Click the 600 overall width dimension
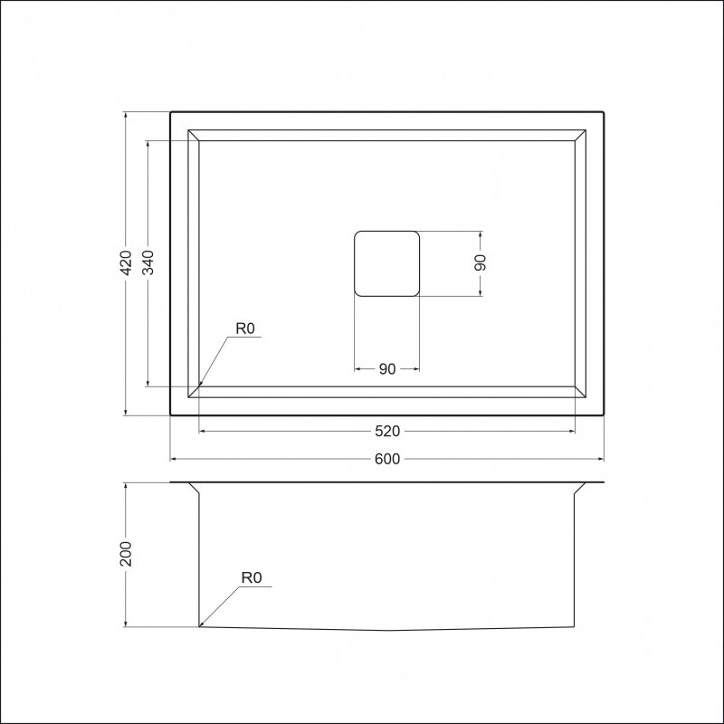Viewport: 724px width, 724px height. [387, 459]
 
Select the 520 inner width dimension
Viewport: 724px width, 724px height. [387, 432]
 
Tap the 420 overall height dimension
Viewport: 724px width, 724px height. [126, 262]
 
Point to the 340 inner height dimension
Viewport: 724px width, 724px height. [148, 262]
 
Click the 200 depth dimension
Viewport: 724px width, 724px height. [126, 554]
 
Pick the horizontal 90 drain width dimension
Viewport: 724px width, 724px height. [387, 369]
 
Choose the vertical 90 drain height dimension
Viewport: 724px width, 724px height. [481, 262]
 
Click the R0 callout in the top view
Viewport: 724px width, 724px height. [245, 329]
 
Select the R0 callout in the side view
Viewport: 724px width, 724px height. [252, 577]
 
